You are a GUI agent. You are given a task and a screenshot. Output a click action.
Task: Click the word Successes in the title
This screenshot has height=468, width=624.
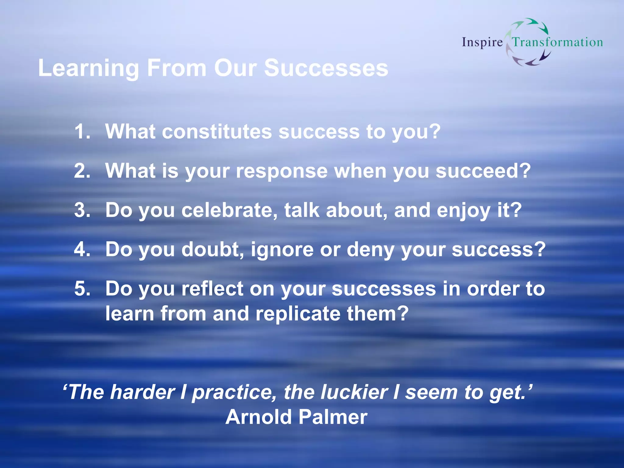point(326,68)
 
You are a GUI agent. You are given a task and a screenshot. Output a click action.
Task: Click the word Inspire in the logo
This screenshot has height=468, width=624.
point(482,42)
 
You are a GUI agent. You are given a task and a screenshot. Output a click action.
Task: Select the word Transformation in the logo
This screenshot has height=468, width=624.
point(557,42)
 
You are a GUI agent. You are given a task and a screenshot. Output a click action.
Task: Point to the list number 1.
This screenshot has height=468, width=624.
point(82,132)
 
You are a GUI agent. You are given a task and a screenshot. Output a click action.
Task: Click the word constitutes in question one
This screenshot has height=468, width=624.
point(217,132)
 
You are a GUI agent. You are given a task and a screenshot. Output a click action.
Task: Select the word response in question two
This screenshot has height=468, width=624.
point(282,171)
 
